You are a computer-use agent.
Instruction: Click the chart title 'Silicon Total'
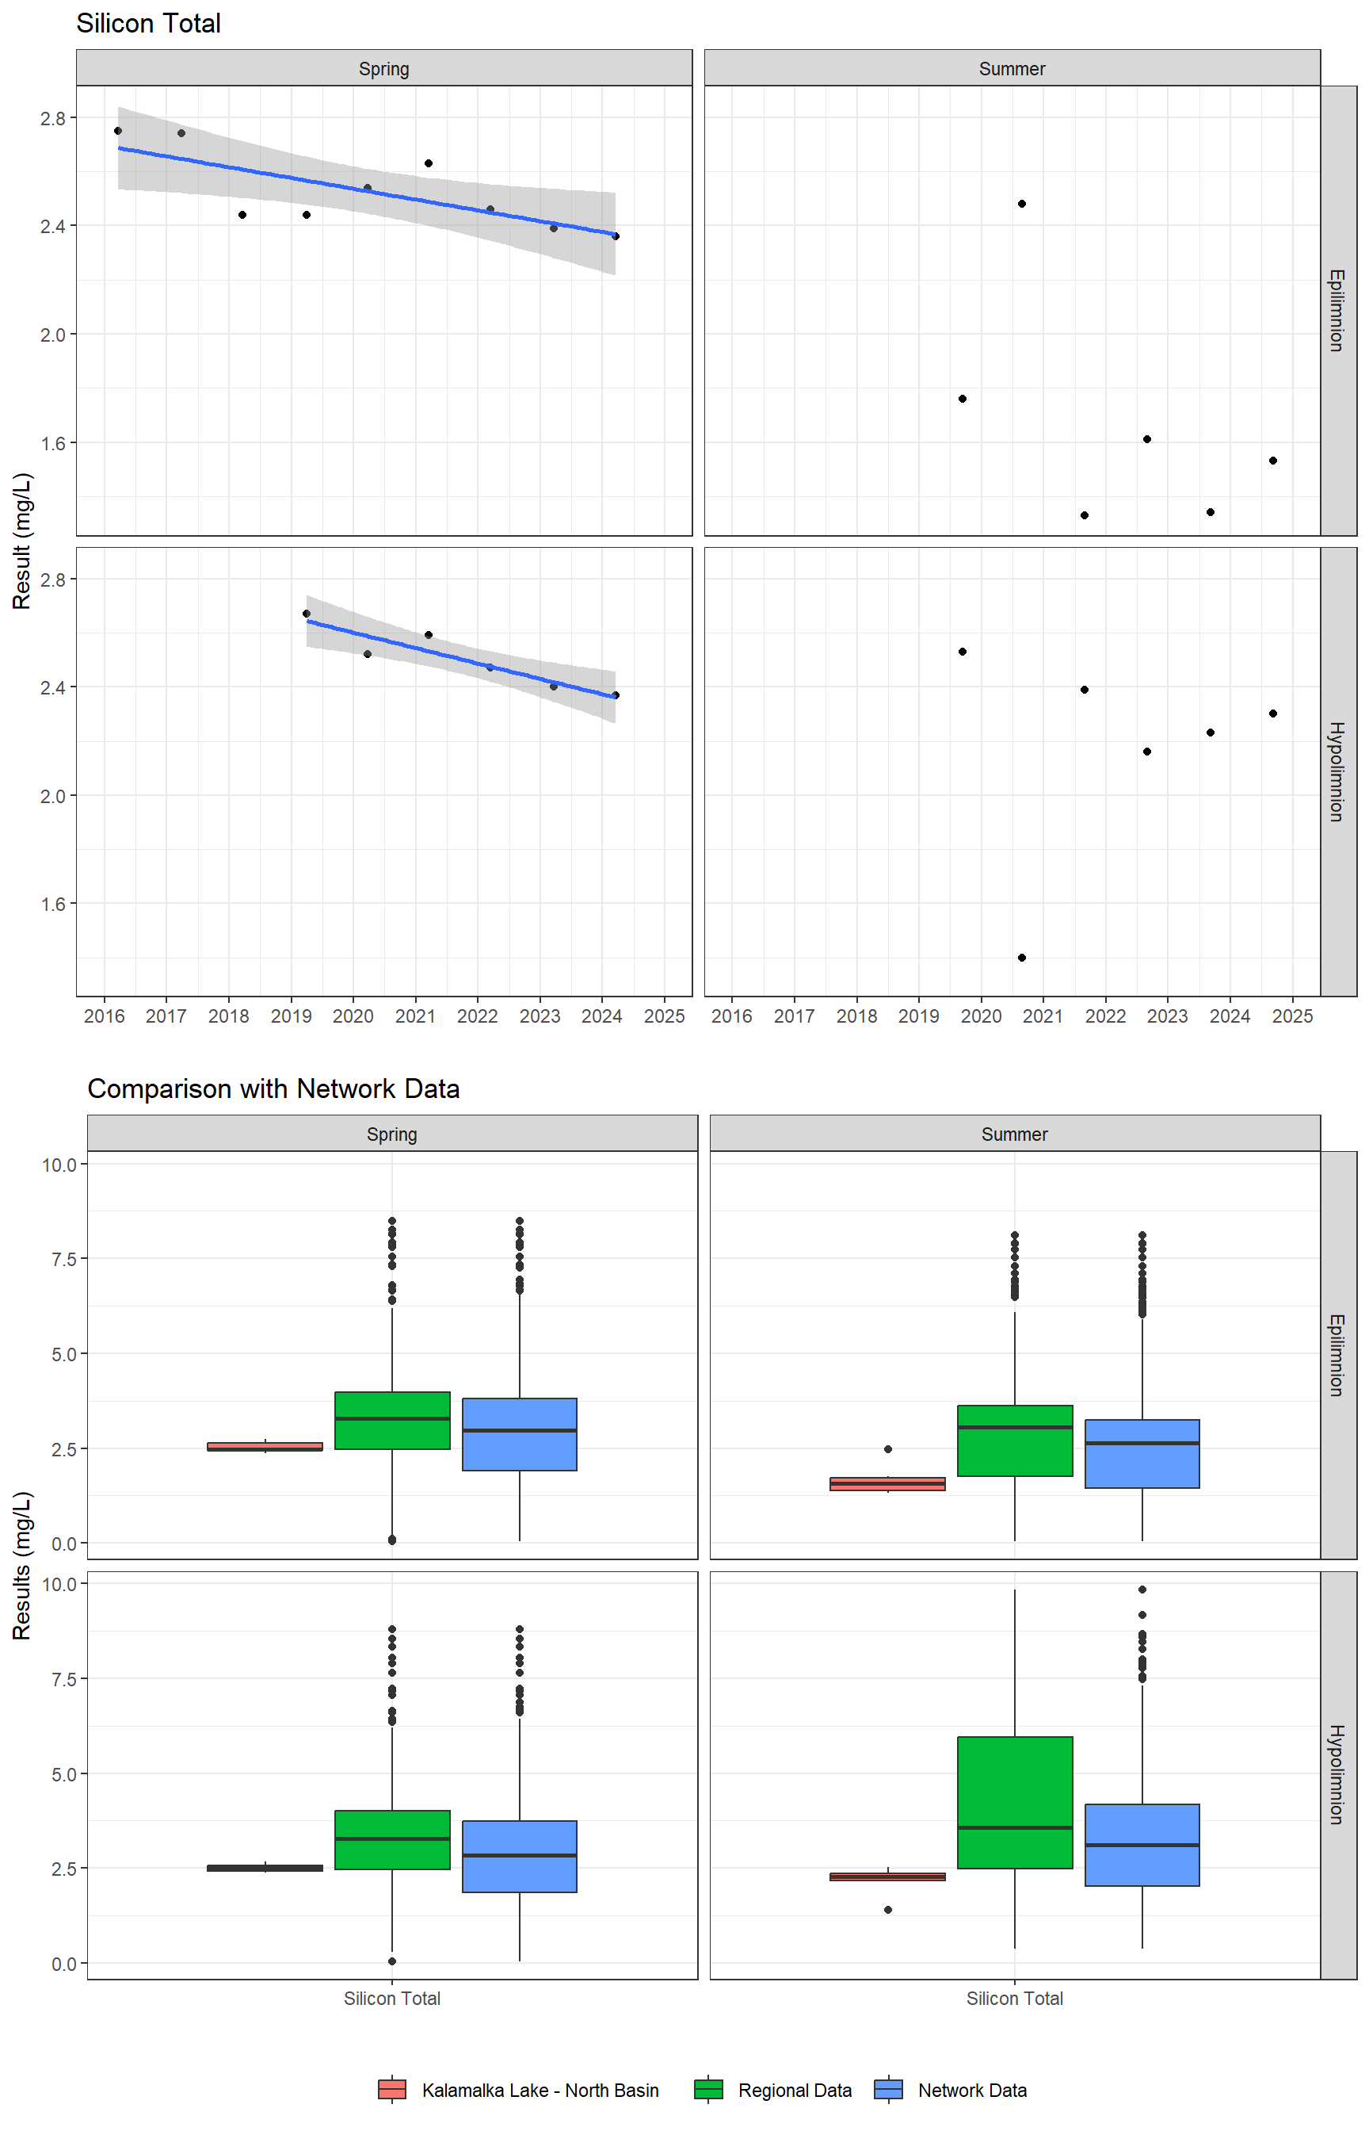coord(148,24)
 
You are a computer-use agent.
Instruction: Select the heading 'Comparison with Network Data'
coord(273,1088)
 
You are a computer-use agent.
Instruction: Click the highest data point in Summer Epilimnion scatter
coord(1021,204)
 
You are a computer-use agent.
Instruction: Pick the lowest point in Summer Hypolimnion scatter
coord(1021,958)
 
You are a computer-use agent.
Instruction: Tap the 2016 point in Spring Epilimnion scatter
coord(118,131)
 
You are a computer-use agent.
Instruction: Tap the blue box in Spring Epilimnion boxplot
coord(519,1433)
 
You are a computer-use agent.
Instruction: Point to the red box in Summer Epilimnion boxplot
coord(887,1483)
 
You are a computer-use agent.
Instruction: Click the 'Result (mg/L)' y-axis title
coord(22,541)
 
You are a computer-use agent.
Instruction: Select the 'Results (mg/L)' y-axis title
coord(22,1565)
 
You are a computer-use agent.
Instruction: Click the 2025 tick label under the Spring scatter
coord(664,1016)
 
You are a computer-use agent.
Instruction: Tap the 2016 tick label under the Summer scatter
coord(731,1016)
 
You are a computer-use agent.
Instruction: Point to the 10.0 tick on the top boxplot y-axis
coord(59,1165)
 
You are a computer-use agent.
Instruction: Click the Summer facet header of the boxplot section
coord(1014,1134)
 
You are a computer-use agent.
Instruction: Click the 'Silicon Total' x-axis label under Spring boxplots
coord(392,1999)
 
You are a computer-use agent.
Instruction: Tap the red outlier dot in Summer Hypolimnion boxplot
coord(888,1910)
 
